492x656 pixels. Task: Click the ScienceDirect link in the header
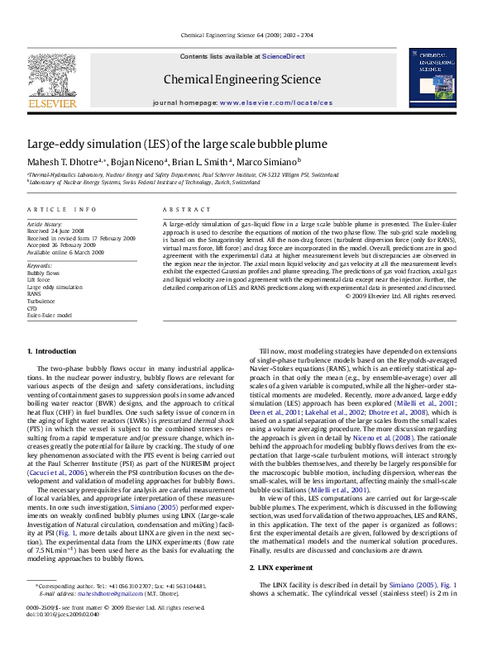click(284, 56)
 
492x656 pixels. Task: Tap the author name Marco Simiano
click(241, 163)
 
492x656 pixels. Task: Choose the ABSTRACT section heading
click(182, 209)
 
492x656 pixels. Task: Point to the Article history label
click(44, 224)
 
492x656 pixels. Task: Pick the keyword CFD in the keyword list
click(33, 308)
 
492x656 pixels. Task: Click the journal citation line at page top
click(245, 36)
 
